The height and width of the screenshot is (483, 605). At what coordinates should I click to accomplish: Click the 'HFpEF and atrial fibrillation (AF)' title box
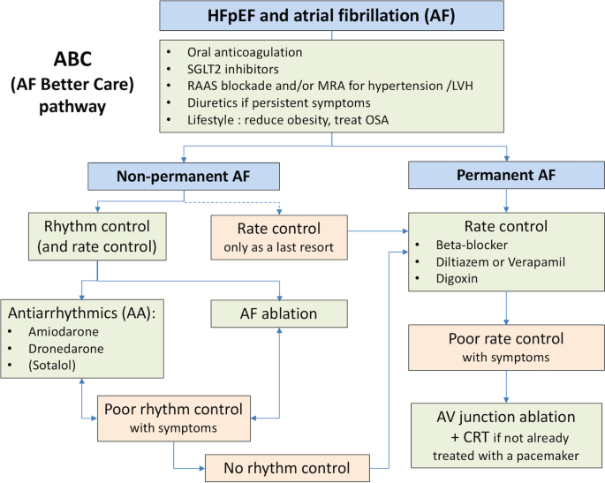tap(331, 16)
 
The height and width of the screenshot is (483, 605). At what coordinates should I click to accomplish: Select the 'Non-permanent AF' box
tap(184, 177)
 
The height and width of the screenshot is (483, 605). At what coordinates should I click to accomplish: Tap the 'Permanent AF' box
tap(506, 175)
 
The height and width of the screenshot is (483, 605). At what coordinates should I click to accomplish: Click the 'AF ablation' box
tap(279, 313)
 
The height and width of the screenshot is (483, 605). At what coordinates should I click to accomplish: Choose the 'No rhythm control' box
tap(287, 468)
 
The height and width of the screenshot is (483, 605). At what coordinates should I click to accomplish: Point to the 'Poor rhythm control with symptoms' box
tap(174, 419)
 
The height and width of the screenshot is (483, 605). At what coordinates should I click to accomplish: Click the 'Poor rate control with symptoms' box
tap(506, 348)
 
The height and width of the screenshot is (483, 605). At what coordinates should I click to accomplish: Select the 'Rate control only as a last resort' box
tap(279, 238)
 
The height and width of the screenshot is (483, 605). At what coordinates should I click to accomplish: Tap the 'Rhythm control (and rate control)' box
tap(97, 237)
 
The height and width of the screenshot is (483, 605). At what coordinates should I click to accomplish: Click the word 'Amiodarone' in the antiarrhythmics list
tap(64, 332)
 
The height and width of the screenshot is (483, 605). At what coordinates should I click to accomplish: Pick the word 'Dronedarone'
tap(66, 349)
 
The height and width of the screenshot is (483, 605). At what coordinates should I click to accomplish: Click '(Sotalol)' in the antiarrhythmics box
tap(52, 366)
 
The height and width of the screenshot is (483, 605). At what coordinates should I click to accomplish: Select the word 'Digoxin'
tap(457, 278)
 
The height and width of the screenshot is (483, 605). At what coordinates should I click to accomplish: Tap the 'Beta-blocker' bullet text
tap(472, 245)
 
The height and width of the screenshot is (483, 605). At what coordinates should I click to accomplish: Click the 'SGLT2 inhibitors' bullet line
tap(233, 70)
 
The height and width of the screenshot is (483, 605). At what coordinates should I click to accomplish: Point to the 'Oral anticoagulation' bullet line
tap(245, 52)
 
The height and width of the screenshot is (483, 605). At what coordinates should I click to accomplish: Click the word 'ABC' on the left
tap(72, 59)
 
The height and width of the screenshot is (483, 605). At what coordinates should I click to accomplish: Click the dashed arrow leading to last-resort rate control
tap(231, 202)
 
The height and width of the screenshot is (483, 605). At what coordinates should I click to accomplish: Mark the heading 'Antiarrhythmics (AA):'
tap(81, 313)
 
